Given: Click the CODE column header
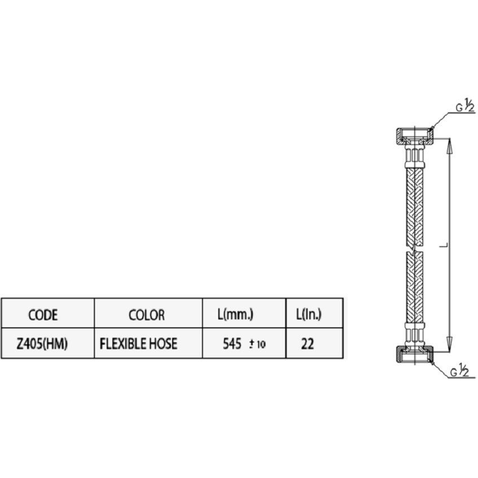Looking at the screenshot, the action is pyautogui.click(x=43, y=314).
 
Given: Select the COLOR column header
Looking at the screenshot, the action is pyautogui.click(x=147, y=314).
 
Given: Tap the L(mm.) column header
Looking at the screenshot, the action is pyautogui.click(x=235, y=314).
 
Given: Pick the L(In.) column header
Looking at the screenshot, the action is pyautogui.click(x=309, y=314).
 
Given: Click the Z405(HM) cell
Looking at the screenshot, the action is pyautogui.click(x=42, y=344).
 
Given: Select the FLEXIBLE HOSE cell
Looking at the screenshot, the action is pyautogui.click(x=138, y=344).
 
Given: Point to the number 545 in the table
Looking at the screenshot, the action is pyautogui.click(x=232, y=344).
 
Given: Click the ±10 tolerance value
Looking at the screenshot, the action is pyautogui.click(x=257, y=344).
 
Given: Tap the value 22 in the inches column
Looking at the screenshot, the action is pyautogui.click(x=307, y=344).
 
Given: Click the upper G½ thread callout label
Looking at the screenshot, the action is pyautogui.click(x=465, y=105).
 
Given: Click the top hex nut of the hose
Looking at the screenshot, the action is pyautogui.click(x=415, y=137).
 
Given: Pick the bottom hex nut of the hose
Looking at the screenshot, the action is pyautogui.click(x=415, y=354).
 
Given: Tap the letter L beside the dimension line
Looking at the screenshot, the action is pyautogui.click(x=445, y=245).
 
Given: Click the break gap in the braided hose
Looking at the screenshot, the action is pyautogui.click(x=415, y=249).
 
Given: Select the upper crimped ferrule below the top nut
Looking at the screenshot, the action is pyautogui.click(x=415, y=157).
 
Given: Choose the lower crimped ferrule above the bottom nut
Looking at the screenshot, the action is pyautogui.click(x=415, y=334).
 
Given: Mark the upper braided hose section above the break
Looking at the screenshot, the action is pyautogui.click(x=415, y=207).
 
